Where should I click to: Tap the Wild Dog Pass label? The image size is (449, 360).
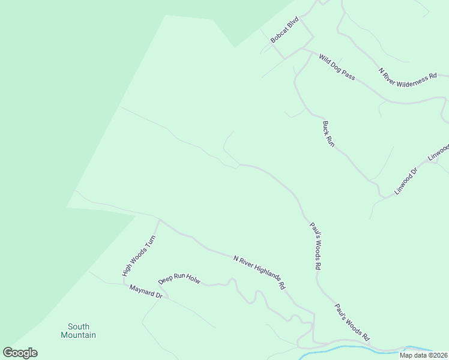click(337, 67)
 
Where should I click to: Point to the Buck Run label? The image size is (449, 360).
click(328, 134)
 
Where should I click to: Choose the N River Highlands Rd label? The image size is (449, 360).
click(259, 272)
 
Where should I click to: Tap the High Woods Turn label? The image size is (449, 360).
click(130, 255)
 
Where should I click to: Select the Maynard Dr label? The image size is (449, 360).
click(146, 292)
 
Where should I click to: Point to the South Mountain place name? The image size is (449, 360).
click(78, 331)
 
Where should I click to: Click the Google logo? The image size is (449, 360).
click(20, 353)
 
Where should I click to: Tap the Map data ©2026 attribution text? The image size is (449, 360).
click(423, 355)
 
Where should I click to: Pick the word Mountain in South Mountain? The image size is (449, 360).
click(78, 335)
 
